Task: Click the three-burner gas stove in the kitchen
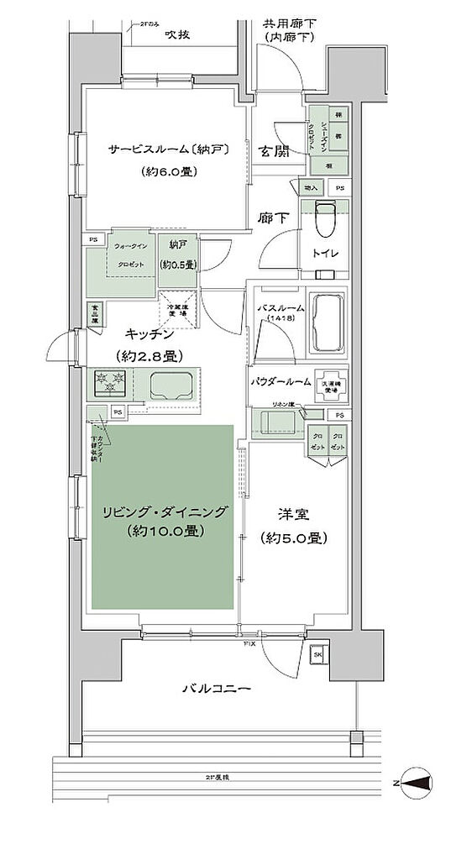tap(109, 383)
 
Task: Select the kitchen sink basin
tap(173, 385)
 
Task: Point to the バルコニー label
tap(216, 689)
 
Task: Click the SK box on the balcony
tap(318, 654)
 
